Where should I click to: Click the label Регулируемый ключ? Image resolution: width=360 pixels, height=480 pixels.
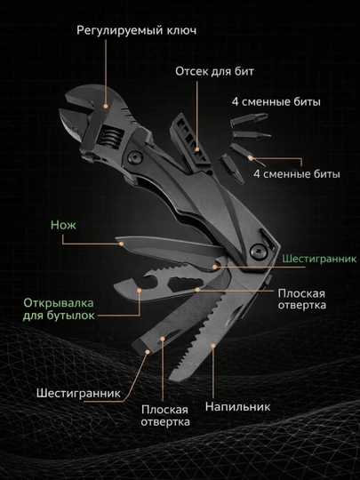(x=136, y=30)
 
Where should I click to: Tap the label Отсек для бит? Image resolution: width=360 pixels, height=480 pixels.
(x=214, y=71)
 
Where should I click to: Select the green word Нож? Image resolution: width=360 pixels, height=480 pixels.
(x=63, y=225)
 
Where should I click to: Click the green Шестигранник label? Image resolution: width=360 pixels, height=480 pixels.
(x=319, y=259)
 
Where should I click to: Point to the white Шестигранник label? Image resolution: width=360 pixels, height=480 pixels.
(x=79, y=394)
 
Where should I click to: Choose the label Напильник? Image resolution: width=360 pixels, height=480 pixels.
(x=237, y=406)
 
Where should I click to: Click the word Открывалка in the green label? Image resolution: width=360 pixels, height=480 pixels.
(x=59, y=303)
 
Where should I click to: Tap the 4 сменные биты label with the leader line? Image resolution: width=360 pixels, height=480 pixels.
(x=296, y=174)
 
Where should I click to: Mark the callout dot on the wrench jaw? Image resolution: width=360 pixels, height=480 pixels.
(x=106, y=107)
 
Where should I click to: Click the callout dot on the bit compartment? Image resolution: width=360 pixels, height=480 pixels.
(x=197, y=149)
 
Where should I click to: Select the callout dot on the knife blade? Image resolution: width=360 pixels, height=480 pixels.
(x=122, y=244)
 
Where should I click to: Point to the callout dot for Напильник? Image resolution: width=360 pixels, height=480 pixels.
(x=213, y=346)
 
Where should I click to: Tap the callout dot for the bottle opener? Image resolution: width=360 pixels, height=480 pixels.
(x=140, y=290)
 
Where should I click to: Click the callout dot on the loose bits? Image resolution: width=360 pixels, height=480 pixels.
(x=251, y=158)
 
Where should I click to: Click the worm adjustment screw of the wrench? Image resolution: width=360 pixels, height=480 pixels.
(x=111, y=138)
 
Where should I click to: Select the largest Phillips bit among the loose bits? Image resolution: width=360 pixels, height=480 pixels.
(x=249, y=119)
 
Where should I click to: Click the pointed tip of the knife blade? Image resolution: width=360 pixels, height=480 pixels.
(x=116, y=239)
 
